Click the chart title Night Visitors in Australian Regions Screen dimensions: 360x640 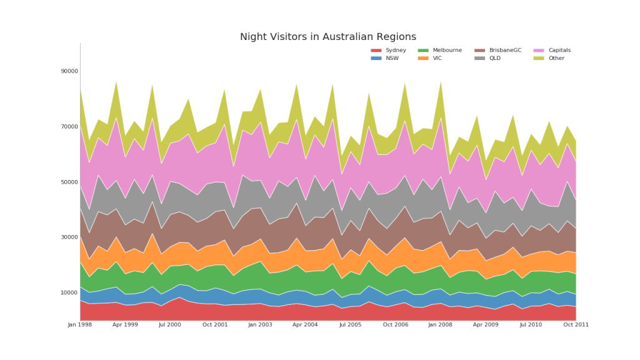click(x=328, y=37)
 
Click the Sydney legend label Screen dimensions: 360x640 click(x=396, y=51)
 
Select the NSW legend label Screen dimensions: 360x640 click(x=392, y=59)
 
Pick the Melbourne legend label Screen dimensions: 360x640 click(x=447, y=51)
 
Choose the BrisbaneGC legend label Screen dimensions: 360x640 click(x=505, y=51)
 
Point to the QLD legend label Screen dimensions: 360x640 click(x=495, y=59)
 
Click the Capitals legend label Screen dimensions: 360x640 click(x=559, y=51)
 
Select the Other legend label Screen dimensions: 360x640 click(x=556, y=59)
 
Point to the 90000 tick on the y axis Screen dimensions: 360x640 click(x=69, y=71)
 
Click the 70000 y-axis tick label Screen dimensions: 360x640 click(x=69, y=127)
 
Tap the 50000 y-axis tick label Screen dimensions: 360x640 click(x=69, y=182)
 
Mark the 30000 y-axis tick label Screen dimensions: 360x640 click(x=69, y=237)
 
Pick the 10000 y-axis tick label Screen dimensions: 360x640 click(x=69, y=293)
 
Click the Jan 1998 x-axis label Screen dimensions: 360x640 click(x=80, y=325)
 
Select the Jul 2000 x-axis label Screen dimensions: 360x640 click(x=170, y=325)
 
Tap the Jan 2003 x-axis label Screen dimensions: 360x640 click(x=260, y=325)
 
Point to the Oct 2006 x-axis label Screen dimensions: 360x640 click(x=396, y=325)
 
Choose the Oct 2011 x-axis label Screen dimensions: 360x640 click(x=576, y=325)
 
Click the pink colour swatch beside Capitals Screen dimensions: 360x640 click(x=539, y=51)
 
